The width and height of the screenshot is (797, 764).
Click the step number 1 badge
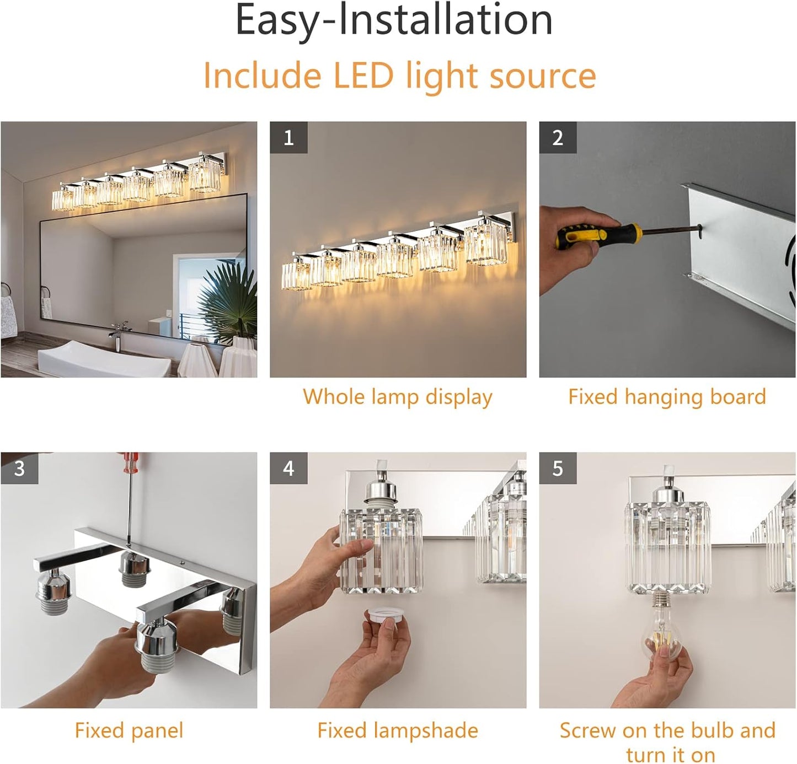[x=288, y=137]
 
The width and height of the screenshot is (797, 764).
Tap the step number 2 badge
[x=558, y=137]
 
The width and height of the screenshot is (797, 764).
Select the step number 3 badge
[x=19, y=468]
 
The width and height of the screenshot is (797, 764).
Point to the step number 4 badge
[x=288, y=468]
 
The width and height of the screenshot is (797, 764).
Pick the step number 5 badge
[x=558, y=468]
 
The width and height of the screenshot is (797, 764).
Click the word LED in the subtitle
[x=363, y=76]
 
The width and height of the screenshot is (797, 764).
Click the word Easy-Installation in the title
[x=394, y=20]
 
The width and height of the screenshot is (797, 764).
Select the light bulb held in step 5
[x=664, y=631]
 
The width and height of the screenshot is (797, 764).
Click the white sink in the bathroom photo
[x=104, y=360]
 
